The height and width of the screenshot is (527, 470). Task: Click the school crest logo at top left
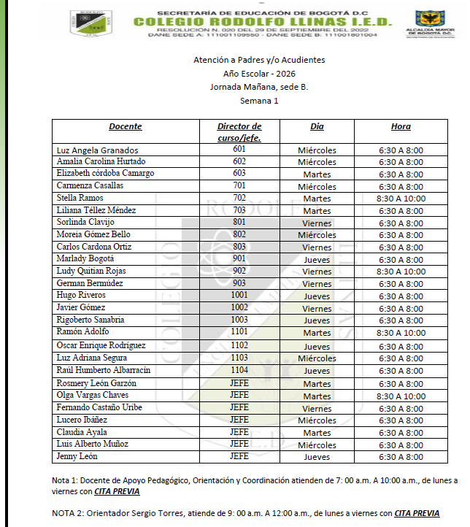(x=91, y=23)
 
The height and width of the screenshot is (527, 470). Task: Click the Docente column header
(x=126, y=126)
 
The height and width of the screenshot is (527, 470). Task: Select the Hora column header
(x=401, y=126)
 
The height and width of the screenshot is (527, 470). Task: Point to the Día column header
(x=317, y=126)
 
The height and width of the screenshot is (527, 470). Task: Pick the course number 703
(x=239, y=210)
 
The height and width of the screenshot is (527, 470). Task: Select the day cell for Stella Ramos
(x=317, y=199)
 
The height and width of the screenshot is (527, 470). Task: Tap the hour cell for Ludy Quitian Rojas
(x=401, y=271)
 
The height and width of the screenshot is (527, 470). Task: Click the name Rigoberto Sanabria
(x=90, y=320)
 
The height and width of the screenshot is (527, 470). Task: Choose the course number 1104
(x=239, y=370)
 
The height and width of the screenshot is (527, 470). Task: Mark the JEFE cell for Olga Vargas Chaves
(x=239, y=395)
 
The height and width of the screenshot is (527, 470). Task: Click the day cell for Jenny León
(x=317, y=457)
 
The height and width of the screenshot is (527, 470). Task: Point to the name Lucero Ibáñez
(x=81, y=420)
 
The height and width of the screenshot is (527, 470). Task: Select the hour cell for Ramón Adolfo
(x=401, y=332)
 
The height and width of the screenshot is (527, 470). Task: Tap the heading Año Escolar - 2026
(x=259, y=73)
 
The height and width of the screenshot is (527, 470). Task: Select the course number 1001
(x=239, y=295)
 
